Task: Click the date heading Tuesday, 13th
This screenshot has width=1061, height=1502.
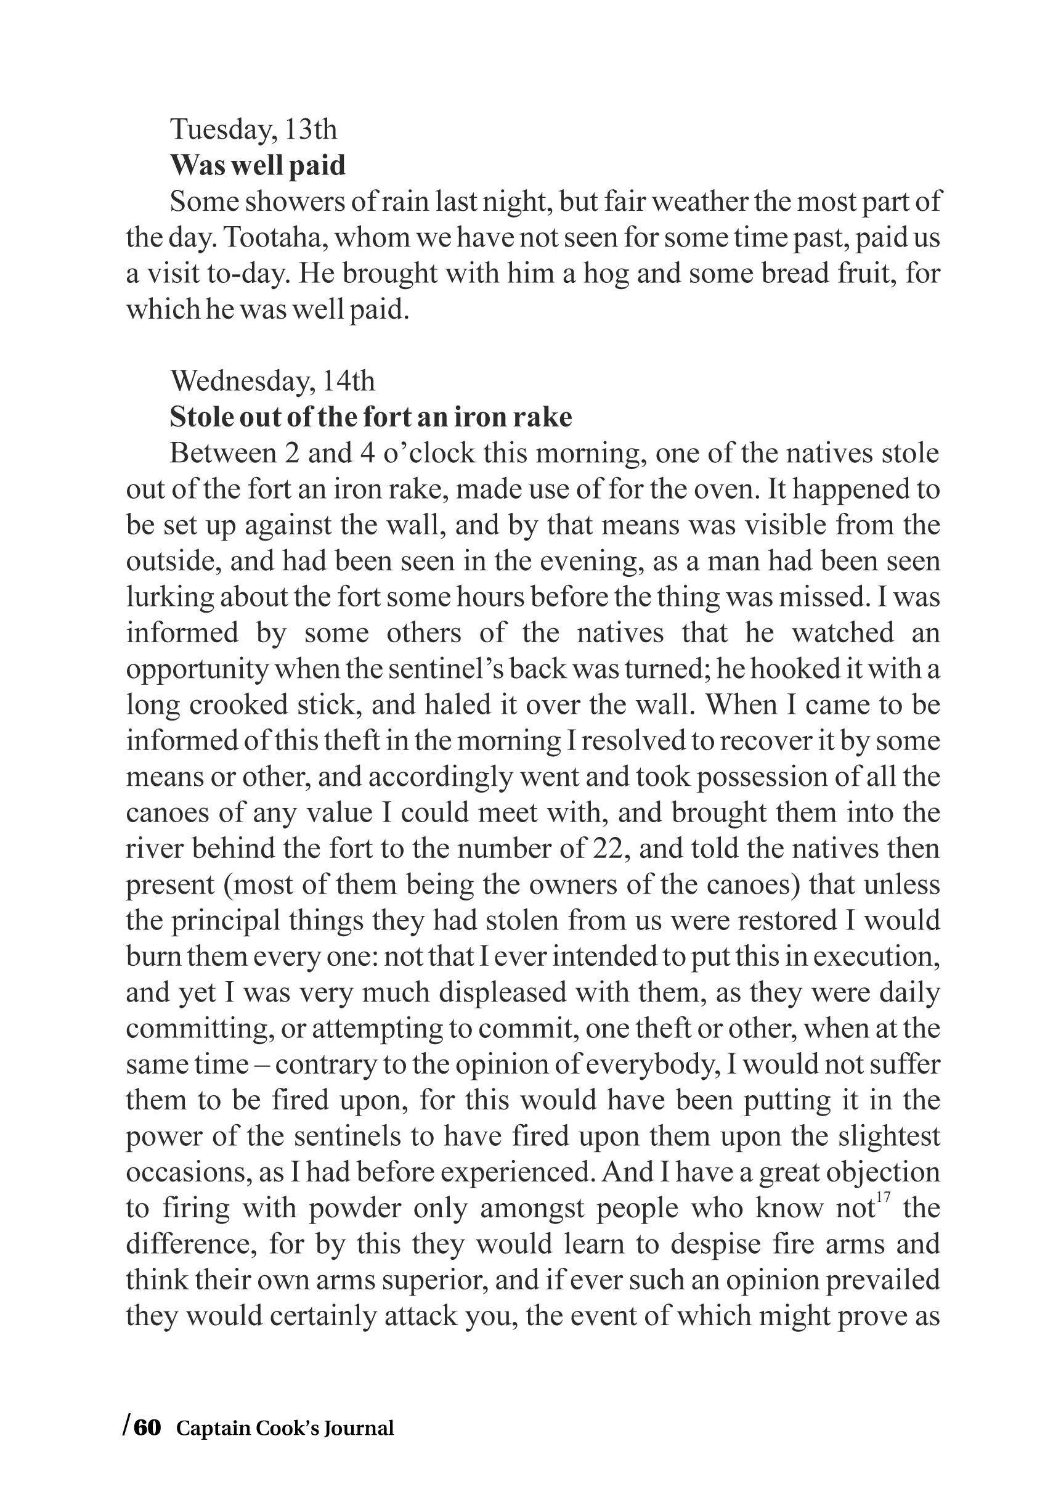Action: point(253,129)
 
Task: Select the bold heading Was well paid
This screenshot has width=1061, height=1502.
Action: point(258,166)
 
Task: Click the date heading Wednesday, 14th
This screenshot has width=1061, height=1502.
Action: point(272,381)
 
